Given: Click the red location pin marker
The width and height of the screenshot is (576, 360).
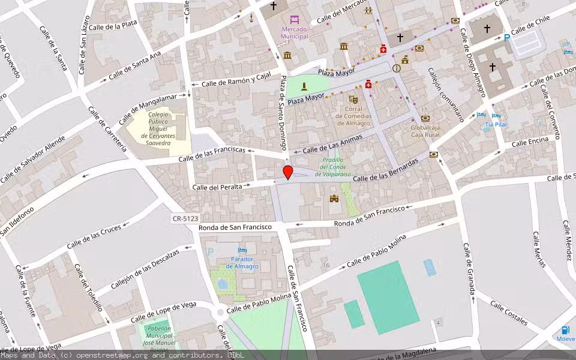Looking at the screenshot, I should click(x=288, y=172).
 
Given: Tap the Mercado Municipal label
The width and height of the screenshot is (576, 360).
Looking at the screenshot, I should click(x=294, y=32).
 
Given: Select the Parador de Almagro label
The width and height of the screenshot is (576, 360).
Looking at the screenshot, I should click(x=242, y=263).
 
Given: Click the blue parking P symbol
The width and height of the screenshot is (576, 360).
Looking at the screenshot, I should click(x=507, y=37).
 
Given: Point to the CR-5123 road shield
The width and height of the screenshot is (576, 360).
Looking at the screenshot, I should click(x=185, y=219).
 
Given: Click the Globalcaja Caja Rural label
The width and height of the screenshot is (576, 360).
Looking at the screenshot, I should click(x=425, y=131).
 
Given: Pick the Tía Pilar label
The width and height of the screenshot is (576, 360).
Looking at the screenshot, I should click(x=496, y=125).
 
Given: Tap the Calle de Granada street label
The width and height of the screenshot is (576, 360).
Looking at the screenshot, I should click(x=469, y=269).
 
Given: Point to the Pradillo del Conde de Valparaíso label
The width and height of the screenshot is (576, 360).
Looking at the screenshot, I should click(x=332, y=167).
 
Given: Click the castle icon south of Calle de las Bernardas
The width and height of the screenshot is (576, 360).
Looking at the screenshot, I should click(x=334, y=199).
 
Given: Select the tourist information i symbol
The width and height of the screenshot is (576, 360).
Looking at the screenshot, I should click(x=396, y=69).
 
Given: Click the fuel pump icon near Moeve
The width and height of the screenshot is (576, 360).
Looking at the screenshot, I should click(x=565, y=330).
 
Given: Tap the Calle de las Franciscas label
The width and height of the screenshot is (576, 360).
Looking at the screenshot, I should click(x=212, y=155).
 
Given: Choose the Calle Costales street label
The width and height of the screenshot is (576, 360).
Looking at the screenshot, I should click(x=509, y=313).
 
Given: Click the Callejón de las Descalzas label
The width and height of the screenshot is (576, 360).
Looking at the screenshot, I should click(x=145, y=268).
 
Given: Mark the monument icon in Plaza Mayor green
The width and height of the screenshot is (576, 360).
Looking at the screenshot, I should click(x=304, y=86).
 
